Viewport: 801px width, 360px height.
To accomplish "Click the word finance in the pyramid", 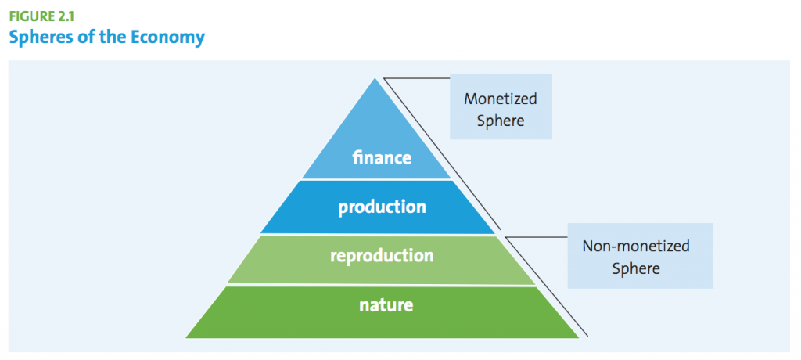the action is pos(382,157).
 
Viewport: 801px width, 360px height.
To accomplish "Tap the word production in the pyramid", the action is pos(382,207).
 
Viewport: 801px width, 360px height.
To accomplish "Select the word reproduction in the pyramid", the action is pos(382,255).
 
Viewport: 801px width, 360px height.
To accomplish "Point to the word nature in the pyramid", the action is pos(386,305).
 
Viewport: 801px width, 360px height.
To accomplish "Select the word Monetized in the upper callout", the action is pos(500,99).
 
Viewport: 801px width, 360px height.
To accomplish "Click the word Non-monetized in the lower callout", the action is pos(636,246).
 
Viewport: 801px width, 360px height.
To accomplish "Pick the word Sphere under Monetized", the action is pos(501,121).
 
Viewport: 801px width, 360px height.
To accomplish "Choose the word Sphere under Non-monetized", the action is pos(636,268).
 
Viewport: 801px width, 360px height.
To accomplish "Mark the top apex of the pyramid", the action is pos(375,78).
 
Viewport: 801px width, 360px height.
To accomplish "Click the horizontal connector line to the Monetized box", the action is pos(416,79).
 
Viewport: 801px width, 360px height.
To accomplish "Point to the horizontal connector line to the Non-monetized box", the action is pos(536,237).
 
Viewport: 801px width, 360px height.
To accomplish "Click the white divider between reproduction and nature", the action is pos(381,285).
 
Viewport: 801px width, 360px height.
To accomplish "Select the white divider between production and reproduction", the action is pos(378,235).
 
